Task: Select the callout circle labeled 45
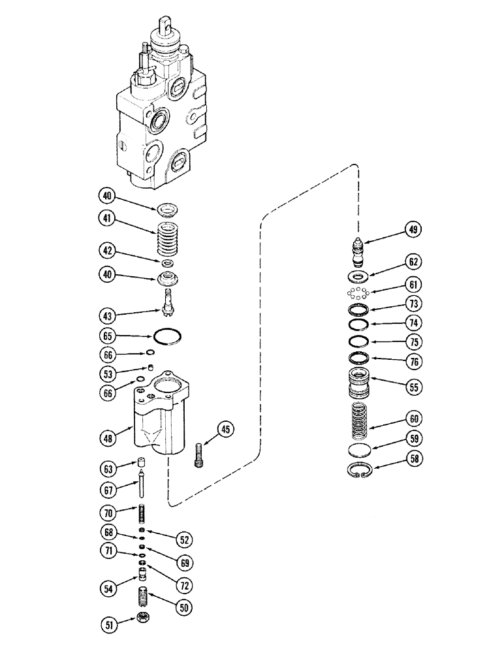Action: (226, 429)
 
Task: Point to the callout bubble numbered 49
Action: (413, 229)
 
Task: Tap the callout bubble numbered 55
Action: (413, 387)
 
